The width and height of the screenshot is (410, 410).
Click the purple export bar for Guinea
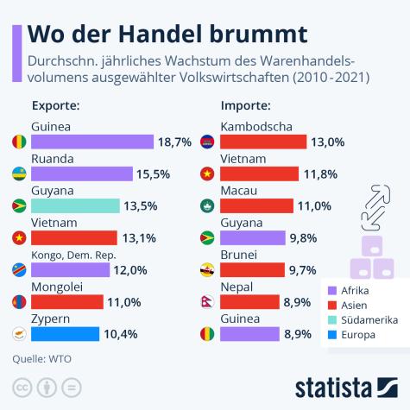click(92, 142)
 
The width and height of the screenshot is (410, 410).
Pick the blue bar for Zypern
click(65, 333)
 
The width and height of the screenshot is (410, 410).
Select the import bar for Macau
click(256, 205)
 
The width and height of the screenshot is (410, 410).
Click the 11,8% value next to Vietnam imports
click(319, 173)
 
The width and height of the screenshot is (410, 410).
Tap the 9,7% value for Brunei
click(303, 269)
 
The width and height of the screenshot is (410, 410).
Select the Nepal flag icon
click(207, 301)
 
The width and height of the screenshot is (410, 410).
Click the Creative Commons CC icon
click(21, 386)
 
